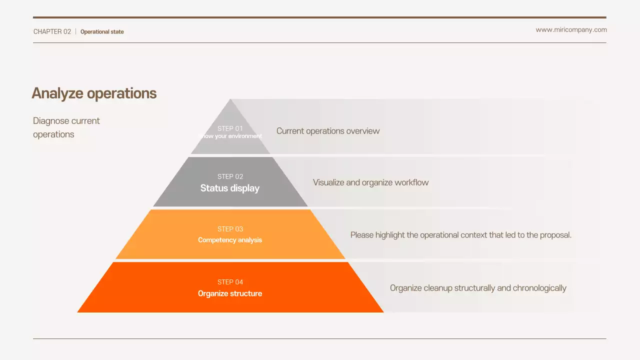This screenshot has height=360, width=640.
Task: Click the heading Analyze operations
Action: coord(94,93)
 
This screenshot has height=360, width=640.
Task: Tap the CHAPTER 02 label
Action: coord(52,31)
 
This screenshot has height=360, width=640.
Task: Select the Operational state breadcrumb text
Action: coord(102,31)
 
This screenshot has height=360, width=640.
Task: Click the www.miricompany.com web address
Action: coord(571,29)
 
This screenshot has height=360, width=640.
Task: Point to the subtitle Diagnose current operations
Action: coord(66,127)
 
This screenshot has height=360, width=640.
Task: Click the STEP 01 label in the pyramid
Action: coord(230,128)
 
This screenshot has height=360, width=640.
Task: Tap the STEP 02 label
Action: coord(230,176)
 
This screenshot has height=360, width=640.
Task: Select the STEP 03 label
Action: coord(230,229)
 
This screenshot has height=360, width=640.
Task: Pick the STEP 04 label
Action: coord(230,282)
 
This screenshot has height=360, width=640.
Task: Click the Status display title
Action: coord(230,188)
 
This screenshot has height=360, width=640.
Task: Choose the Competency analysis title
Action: coord(230,240)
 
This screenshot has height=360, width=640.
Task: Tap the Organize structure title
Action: coord(230,293)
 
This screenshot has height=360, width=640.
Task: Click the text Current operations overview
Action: coord(328,131)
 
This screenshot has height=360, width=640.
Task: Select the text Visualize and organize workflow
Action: coord(370,182)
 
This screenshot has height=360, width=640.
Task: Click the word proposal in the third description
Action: coord(555,235)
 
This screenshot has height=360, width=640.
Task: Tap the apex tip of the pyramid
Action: coord(230,100)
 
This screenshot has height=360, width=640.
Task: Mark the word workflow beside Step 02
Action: coord(411,182)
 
